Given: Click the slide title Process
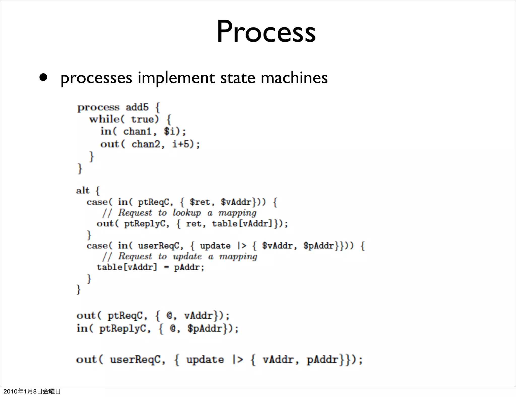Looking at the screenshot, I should pyautogui.click(x=266, y=32).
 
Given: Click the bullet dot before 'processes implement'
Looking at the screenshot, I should pyautogui.click(x=43, y=78).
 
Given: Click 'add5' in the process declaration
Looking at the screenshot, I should pyautogui.click(x=137, y=108).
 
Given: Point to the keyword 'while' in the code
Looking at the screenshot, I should pyautogui.click(x=104, y=119).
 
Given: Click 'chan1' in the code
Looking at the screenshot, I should pyautogui.click(x=137, y=131).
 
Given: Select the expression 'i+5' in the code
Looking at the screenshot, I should pyautogui.click(x=180, y=144).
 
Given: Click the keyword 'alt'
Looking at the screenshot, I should pyautogui.click(x=83, y=190).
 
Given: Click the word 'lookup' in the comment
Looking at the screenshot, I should pyautogui.click(x=187, y=213).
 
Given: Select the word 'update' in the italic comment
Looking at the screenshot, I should pyautogui.click(x=187, y=256).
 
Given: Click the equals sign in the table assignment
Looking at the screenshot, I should pyautogui.click(x=166, y=267).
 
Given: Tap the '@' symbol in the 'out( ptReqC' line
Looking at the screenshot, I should pyautogui.click(x=169, y=316).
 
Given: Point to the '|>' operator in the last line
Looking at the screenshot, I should pyautogui.click(x=238, y=359).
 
